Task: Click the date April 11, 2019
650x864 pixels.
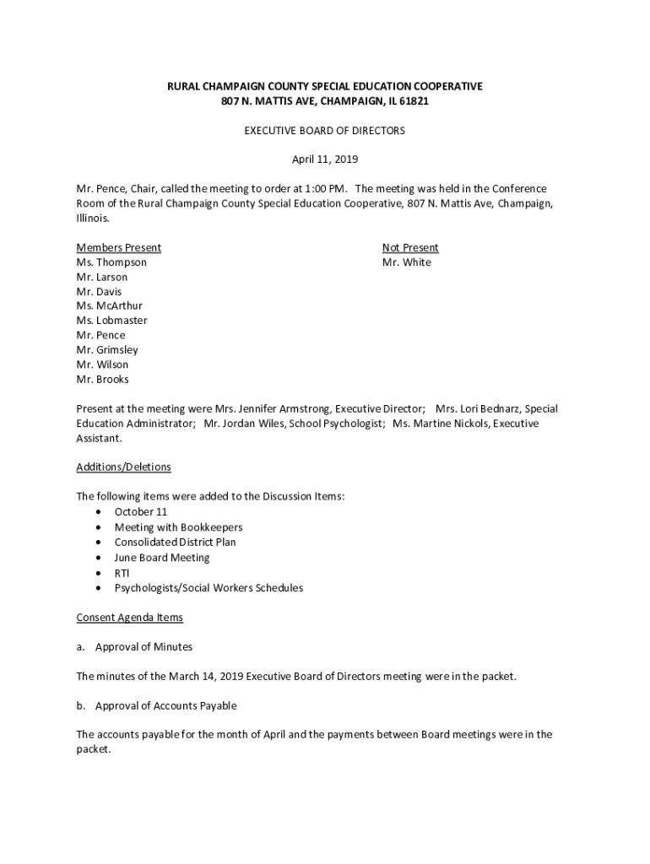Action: tap(324, 159)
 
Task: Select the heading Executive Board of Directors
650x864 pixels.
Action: tap(324, 131)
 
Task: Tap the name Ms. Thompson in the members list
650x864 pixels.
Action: tap(111, 262)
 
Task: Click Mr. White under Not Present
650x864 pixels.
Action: tap(406, 262)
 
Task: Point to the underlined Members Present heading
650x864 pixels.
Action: tap(118, 248)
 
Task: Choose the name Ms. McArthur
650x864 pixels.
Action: tap(110, 306)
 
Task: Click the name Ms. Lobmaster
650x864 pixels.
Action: tap(111, 321)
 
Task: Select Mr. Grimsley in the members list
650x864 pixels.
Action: tap(107, 350)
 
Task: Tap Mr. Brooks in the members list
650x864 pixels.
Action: tap(103, 380)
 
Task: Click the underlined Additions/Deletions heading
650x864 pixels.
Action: tap(123, 467)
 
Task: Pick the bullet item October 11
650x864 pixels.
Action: tap(141, 512)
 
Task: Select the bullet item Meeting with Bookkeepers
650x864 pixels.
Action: tap(178, 527)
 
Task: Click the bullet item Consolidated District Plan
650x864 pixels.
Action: tap(175, 543)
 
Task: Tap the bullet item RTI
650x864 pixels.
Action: tap(122, 573)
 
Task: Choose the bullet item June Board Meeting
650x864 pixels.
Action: tap(162, 558)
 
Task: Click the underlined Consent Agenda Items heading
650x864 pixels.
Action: tap(129, 618)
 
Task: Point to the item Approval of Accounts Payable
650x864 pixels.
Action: tap(165, 705)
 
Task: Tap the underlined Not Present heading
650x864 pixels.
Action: tap(410, 248)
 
